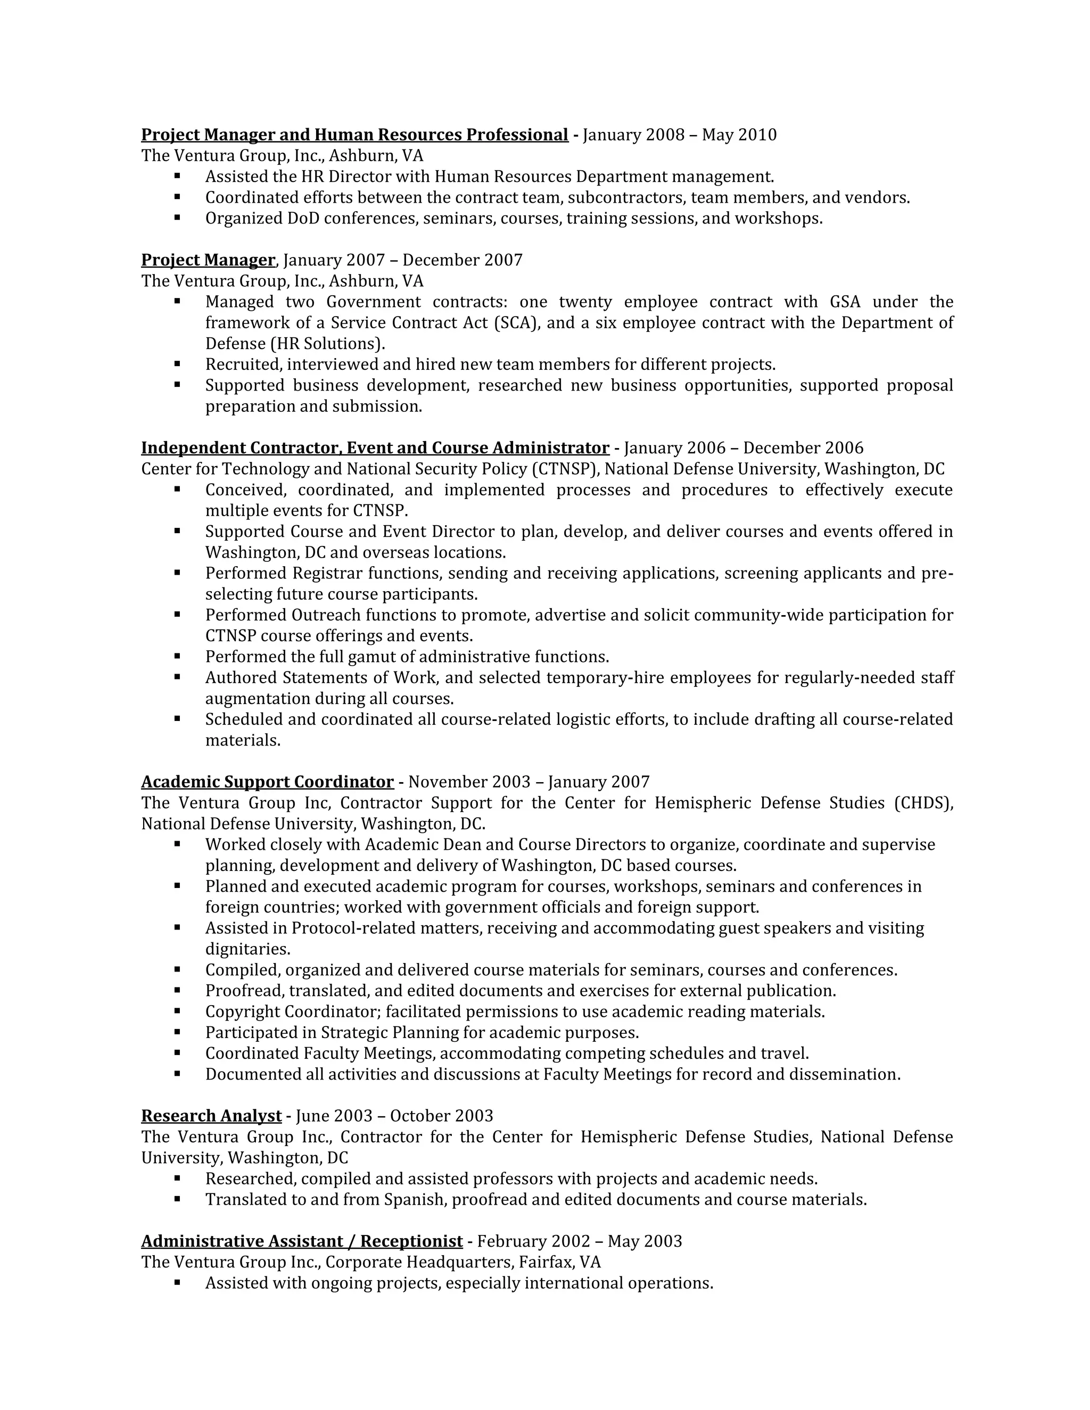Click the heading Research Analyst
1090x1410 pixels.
pyautogui.click(x=211, y=1116)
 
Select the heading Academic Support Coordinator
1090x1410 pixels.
pyautogui.click(x=267, y=782)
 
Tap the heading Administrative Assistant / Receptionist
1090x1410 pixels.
pyautogui.click(x=302, y=1241)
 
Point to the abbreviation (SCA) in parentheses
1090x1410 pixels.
pyautogui.click(x=516, y=323)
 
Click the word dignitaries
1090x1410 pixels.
pyautogui.click(x=247, y=949)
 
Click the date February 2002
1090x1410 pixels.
pyautogui.click(x=533, y=1241)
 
